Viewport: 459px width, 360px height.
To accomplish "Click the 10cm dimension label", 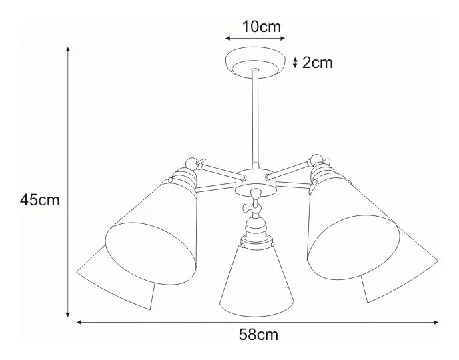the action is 261,27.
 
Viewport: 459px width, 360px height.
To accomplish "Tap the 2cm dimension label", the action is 318,63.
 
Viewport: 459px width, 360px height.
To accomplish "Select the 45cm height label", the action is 40,200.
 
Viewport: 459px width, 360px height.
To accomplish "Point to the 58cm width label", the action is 258,335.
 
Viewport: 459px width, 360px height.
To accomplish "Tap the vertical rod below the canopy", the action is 256,119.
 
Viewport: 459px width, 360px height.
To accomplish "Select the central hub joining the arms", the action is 256,181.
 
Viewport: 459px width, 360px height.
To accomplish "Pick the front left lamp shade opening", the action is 151,253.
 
